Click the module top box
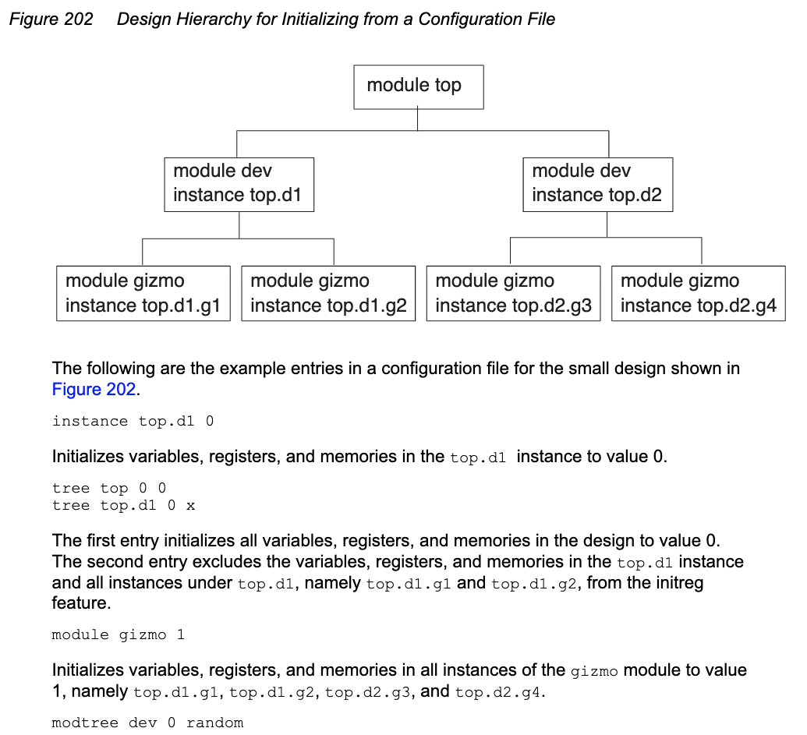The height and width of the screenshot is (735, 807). pos(419,87)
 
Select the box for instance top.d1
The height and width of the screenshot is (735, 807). pos(239,184)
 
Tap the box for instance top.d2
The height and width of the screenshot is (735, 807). pos(597,184)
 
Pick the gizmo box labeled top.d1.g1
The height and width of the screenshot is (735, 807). pos(143,293)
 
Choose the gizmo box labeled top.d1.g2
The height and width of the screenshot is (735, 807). pos(328,293)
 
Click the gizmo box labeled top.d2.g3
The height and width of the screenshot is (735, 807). pos(513,293)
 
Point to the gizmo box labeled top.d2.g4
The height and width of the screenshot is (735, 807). pos(698,293)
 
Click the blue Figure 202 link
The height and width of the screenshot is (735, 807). pos(94,390)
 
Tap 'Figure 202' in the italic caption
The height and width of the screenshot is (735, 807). pos(51,19)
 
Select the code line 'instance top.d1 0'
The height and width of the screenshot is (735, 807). pos(133,422)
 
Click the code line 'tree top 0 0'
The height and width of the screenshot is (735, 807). pos(109,489)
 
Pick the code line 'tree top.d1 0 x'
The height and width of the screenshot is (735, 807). pos(123,506)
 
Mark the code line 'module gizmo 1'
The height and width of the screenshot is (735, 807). pos(119,635)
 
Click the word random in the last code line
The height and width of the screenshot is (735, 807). pos(215,723)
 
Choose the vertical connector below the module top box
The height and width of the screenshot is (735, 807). pos(418,119)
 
